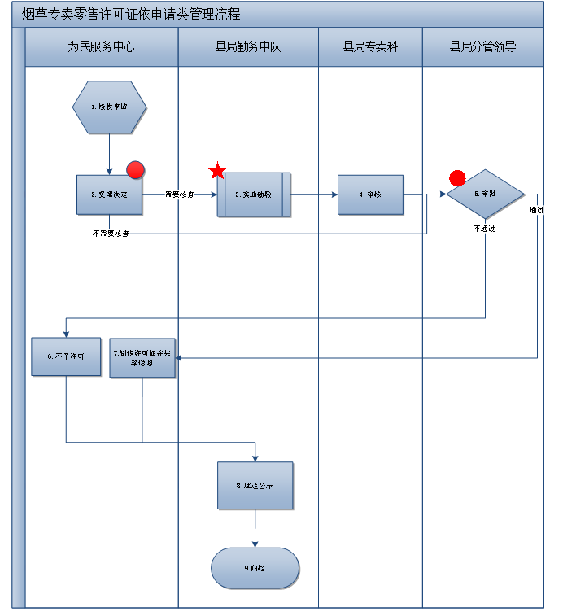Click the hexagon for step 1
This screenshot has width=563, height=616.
coord(109,107)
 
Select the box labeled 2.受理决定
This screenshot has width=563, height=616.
coord(109,195)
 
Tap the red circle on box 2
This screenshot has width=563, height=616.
coord(136,170)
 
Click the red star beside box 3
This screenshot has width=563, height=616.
coord(217,172)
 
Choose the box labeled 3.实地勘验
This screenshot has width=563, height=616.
coord(254,194)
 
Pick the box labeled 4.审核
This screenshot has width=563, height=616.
coord(371,194)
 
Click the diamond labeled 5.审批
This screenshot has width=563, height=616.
coord(486,194)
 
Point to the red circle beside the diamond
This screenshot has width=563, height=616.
coord(457,178)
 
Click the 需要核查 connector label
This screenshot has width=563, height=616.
coord(179,194)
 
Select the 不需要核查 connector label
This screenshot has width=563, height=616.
coord(111,234)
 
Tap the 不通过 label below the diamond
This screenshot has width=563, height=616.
coord(484,229)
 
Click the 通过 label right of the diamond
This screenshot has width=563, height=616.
coord(536,210)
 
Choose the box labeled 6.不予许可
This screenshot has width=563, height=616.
coord(66,356)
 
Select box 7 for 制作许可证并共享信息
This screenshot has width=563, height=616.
coord(142,358)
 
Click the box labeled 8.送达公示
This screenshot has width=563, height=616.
coord(255,486)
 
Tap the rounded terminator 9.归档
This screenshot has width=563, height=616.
coord(255,568)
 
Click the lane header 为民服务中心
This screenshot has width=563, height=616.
coord(101,47)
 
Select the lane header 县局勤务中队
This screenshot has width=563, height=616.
coord(247,47)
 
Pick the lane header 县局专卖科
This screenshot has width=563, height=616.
coord(370,47)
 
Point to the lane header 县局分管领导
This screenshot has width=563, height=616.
coord(482,47)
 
